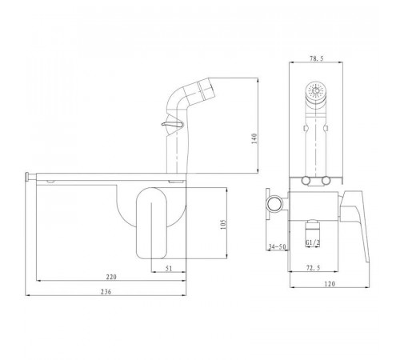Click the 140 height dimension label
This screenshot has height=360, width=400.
coord(254,138)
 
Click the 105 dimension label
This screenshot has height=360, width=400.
coord(223,225)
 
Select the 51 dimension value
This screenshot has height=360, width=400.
coord(169,269)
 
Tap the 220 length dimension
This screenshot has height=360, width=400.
coord(111,277)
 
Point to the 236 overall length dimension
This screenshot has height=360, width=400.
coord(106,292)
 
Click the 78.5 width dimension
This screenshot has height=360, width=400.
coord(317,59)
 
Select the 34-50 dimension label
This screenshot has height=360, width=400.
coord(277,246)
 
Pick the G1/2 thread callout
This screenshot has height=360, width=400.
coord(313,242)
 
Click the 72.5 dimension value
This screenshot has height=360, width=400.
coord(313,268)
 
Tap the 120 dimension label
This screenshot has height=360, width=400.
coord(330,284)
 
